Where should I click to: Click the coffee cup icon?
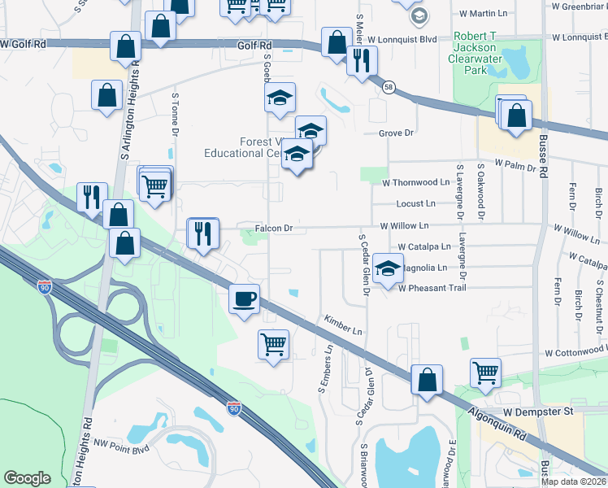click(x=244, y=298)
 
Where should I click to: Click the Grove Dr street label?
click(x=397, y=133)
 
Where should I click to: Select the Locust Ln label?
click(x=416, y=203)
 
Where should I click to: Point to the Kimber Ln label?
click(x=342, y=325)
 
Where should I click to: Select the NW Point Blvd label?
click(x=123, y=444)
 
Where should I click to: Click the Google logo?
click(x=28, y=478)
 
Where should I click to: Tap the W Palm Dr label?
click(x=517, y=167)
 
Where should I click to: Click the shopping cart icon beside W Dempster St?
click(x=485, y=373)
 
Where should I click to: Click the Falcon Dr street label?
click(x=273, y=229)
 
